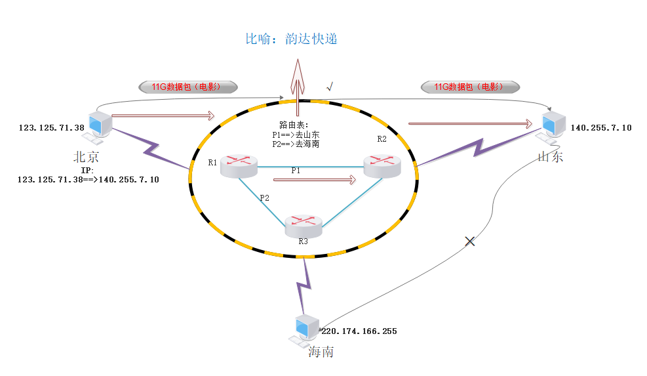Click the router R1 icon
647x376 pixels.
point(239,167)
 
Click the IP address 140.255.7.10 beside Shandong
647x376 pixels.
point(601,127)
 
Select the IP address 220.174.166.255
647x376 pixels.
point(359,331)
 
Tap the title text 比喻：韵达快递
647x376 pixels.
point(291,39)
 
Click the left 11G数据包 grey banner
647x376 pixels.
point(187,86)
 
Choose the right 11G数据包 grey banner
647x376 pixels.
point(469,86)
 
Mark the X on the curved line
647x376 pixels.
point(469,241)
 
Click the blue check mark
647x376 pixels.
point(330,86)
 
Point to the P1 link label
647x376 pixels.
point(296,170)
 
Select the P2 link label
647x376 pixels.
point(264,198)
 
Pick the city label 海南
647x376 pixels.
point(321,352)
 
